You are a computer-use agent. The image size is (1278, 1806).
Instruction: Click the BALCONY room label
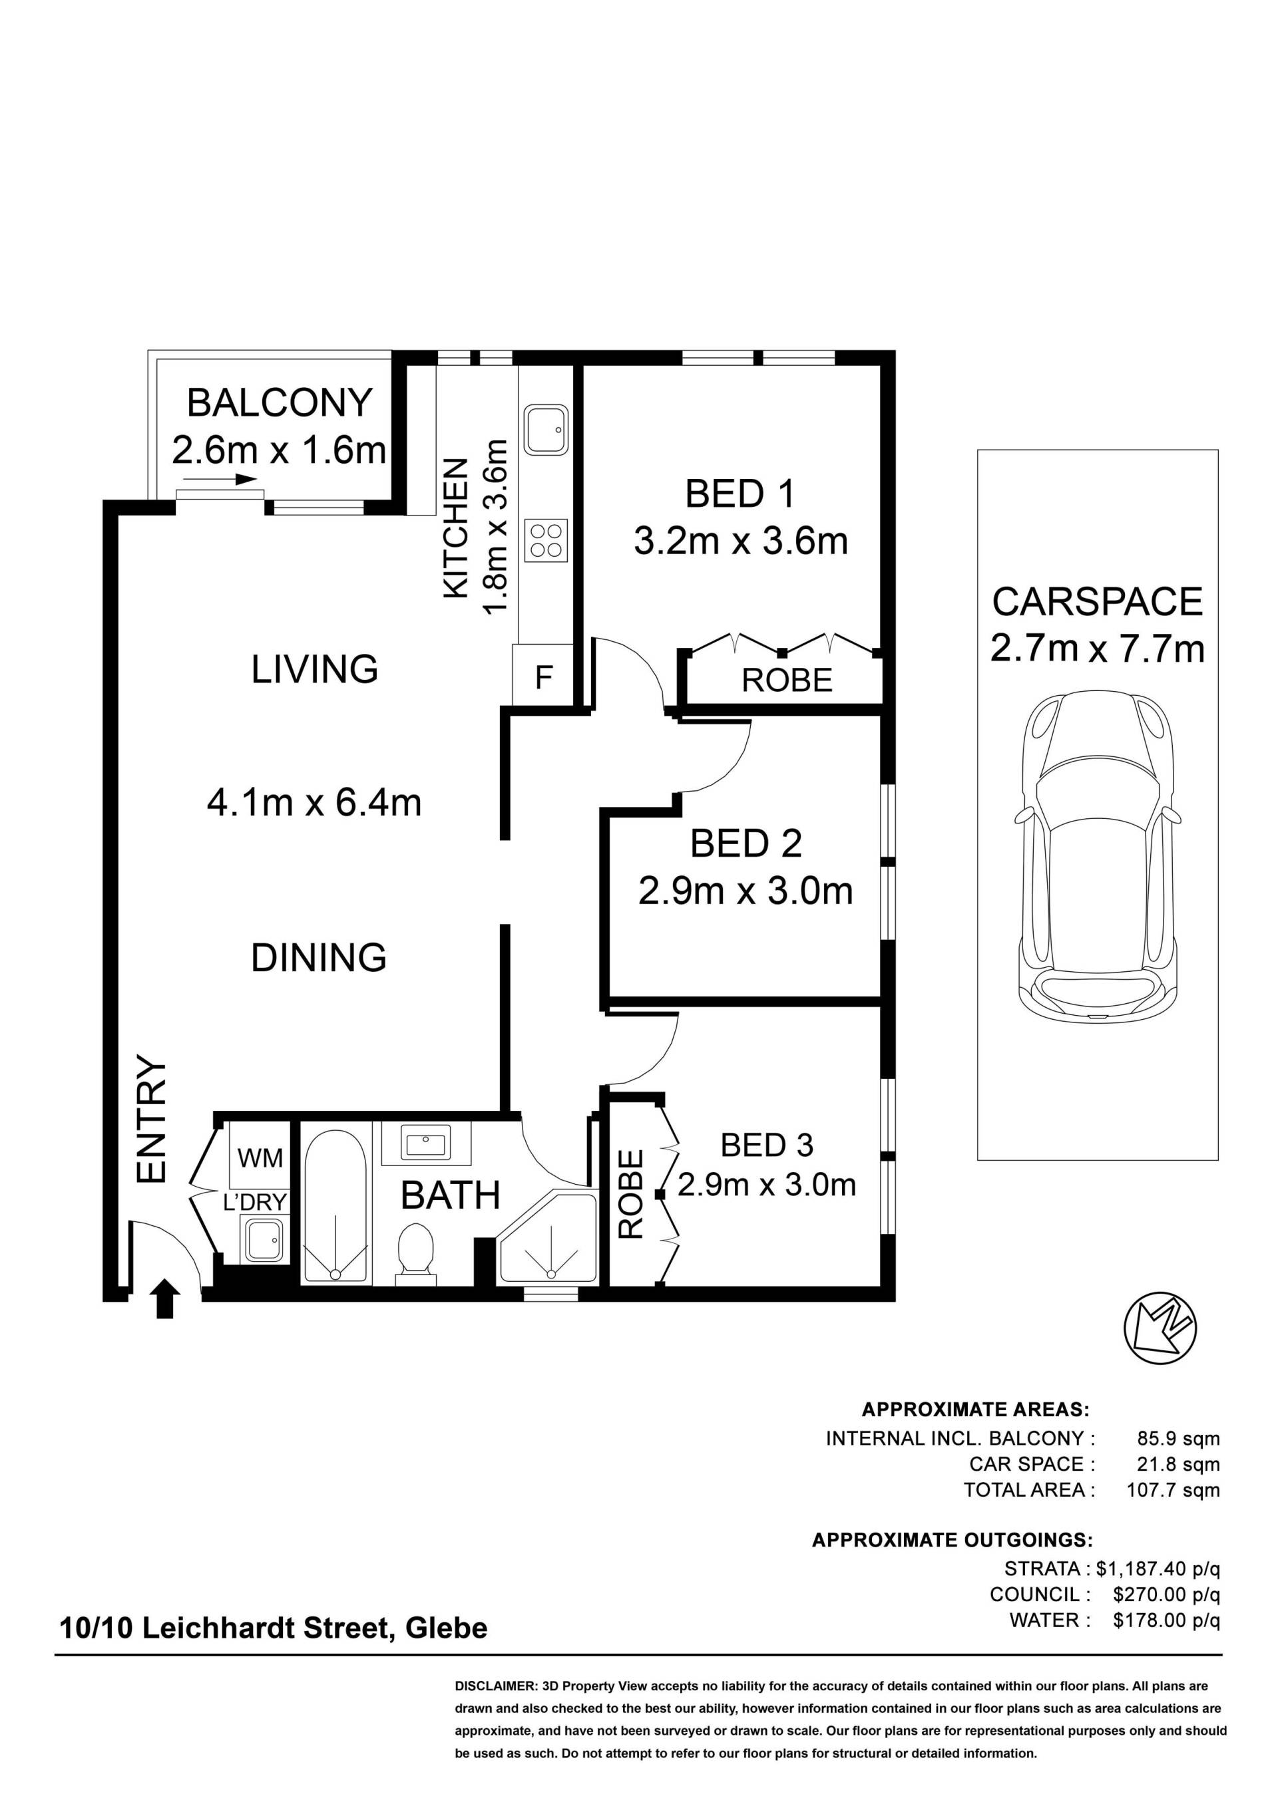[280, 404]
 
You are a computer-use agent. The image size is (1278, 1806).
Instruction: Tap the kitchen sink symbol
[546, 430]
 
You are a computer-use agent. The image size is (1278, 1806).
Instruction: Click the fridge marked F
[543, 677]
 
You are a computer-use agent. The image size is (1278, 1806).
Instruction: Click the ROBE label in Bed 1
[787, 680]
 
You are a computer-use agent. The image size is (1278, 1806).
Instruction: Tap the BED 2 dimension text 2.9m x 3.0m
[745, 892]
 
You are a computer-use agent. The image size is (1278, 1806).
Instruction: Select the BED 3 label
[767, 1145]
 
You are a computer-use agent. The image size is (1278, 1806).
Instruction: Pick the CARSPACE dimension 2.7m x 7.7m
[1097, 650]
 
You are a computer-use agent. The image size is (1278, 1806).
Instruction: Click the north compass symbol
[1160, 1328]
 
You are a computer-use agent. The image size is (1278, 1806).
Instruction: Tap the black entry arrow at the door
[164, 1298]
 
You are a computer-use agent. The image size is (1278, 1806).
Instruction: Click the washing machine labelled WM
[260, 1159]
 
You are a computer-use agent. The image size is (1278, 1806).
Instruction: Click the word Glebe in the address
[446, 1628]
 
